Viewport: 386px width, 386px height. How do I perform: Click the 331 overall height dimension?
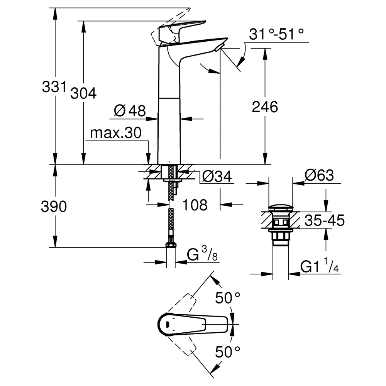point(54,86)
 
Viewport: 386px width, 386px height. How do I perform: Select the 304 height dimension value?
point(84,93)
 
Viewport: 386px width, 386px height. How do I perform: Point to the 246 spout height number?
point(265,107)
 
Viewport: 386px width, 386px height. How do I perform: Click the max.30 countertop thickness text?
point(116,133)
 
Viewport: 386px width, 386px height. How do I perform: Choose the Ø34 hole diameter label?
point(217,176)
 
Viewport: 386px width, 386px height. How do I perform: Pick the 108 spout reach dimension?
point(195,205)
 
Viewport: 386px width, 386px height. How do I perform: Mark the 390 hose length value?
point(54,206)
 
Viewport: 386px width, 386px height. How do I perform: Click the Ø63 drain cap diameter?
point(319,175)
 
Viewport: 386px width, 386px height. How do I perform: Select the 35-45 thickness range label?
point(325,220)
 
